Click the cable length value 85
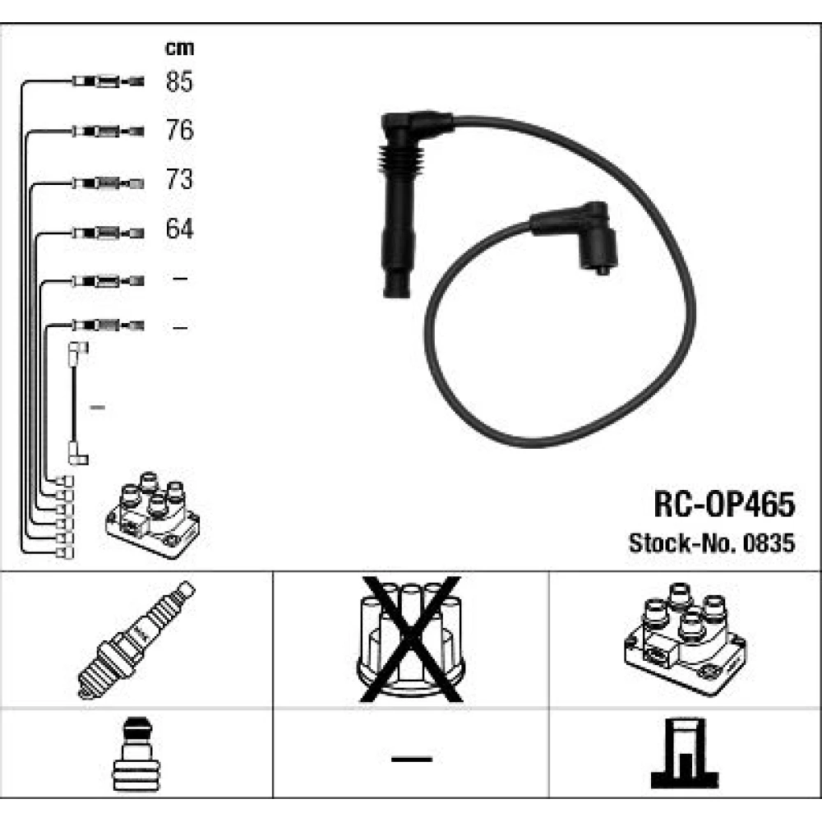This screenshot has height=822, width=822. point(179,81)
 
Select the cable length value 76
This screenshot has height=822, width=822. point(179,130)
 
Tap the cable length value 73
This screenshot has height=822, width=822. point(179,179)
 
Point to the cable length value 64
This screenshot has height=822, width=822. point(179,229)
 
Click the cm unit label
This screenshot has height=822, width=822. point(179,48)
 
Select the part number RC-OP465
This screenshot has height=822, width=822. point(724,505)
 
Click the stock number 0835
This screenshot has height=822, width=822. point(769,543)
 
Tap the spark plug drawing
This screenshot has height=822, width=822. point(136,640)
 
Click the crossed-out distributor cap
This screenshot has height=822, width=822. point(410,639)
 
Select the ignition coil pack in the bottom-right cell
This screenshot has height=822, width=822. point(686,639)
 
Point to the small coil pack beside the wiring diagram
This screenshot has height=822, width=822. point(153,515)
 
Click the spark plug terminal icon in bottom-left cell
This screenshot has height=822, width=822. point(136,754)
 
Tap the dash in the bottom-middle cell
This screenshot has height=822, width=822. point(412,759)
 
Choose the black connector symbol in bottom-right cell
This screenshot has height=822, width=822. point(685,753)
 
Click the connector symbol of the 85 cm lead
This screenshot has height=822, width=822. point(108,81)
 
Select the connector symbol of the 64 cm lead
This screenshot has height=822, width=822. point(108,233)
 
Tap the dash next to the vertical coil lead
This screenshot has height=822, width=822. point(98,408)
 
